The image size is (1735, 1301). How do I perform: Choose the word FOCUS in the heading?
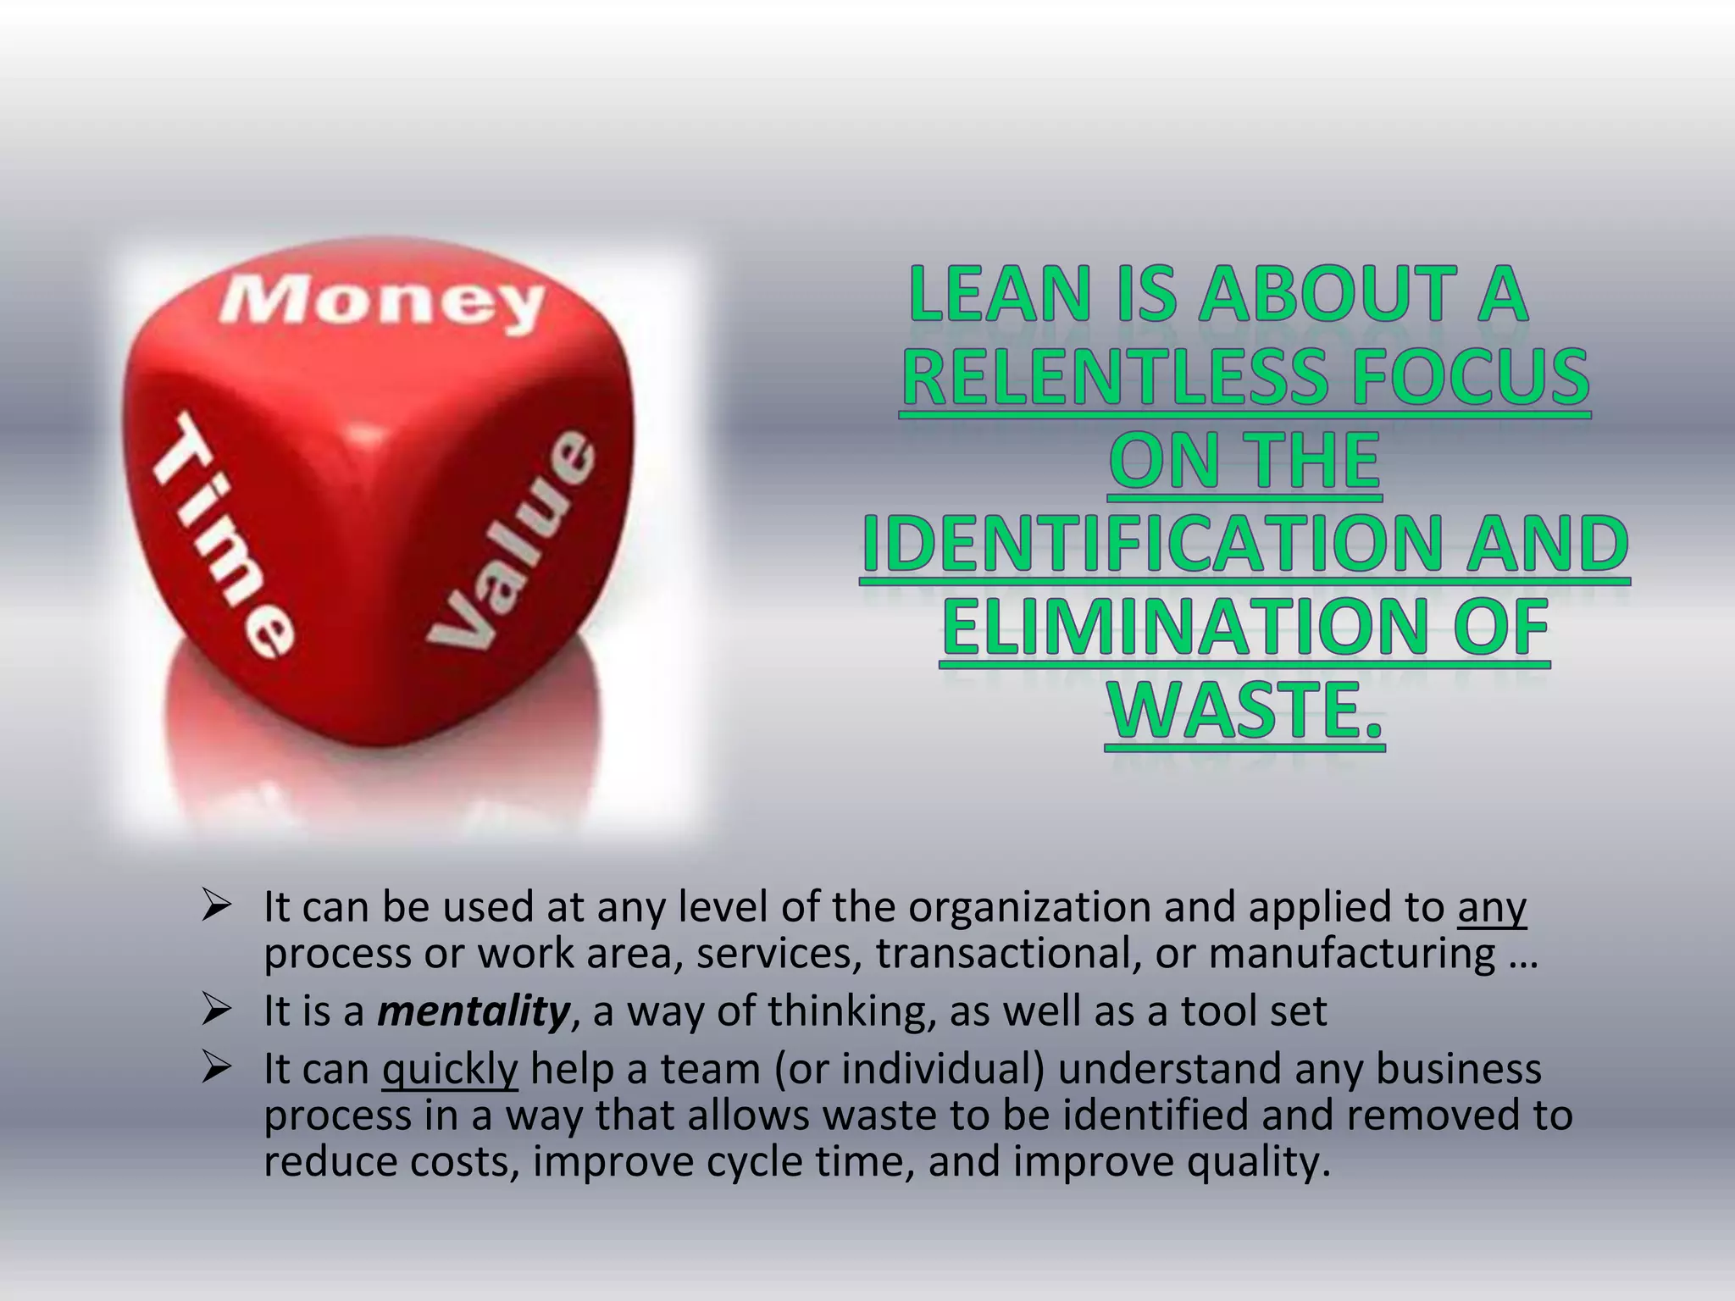[1471, 377]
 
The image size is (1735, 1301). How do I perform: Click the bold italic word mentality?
[474, 1010]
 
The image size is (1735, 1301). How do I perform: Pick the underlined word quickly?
[449, 1069]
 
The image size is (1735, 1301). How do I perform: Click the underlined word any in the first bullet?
[1492, 907]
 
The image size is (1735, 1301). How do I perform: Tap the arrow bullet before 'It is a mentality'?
[217, 1010]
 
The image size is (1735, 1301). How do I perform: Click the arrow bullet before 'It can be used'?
[217, 907]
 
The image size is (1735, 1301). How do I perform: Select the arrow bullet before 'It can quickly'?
[217, 1069]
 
